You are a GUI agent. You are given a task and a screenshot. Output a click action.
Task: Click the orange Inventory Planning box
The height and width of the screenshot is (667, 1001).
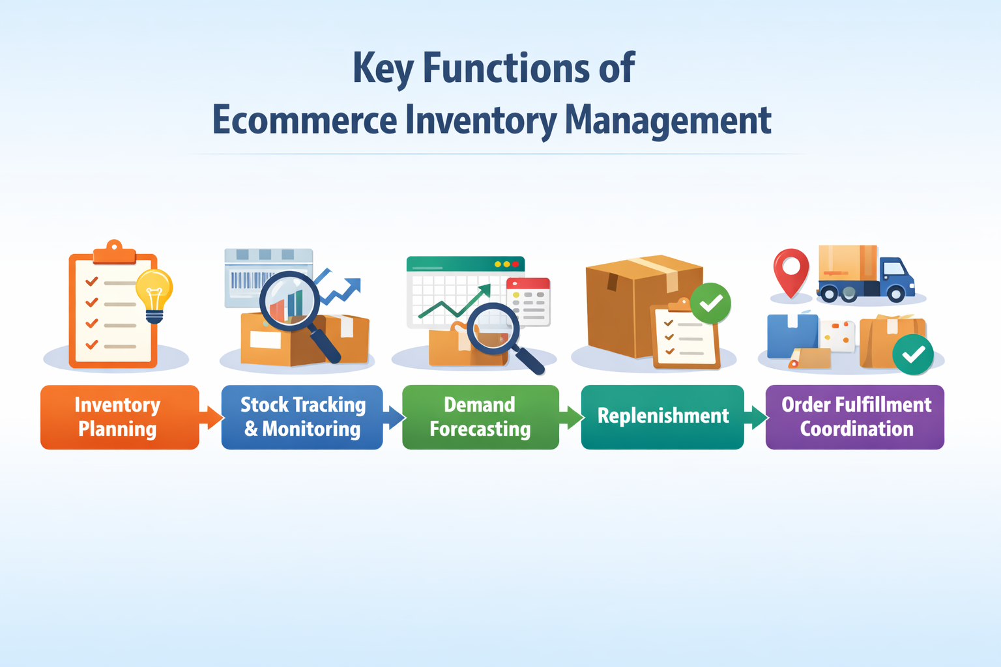click(x=119, y=417)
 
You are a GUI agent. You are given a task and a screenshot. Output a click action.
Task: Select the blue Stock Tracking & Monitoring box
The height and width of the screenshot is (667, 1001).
click(x=302, y=417)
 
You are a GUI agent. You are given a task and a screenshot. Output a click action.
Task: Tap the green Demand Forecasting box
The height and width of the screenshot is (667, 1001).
click(x=480, y=417)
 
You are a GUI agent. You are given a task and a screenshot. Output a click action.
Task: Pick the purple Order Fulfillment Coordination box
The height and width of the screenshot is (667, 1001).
click(x=855, y=417)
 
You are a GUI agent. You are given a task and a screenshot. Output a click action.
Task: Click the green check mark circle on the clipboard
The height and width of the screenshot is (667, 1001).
click(x=710, y=303)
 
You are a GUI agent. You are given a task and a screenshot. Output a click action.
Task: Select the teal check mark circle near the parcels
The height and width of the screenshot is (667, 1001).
click(x=913, y=354)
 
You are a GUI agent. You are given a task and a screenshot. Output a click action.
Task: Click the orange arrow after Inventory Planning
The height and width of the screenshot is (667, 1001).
click(x=211, y=417)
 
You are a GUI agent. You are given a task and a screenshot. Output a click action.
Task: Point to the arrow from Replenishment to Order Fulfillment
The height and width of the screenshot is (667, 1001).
click(x=755, y=417)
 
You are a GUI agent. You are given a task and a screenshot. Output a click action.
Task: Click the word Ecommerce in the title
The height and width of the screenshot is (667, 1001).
click(x=304, y=121)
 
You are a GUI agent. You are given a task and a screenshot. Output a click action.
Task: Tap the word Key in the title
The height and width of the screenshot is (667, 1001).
click(x=383, y=68)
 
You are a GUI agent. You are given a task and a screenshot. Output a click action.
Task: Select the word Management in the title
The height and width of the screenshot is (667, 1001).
click(x=667, y=121)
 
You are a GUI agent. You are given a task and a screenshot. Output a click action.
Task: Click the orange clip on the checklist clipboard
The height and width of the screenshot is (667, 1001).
click(x=114, y=253)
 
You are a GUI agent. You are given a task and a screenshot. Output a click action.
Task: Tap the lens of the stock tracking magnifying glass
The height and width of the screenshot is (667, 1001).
click(x=289, y=301)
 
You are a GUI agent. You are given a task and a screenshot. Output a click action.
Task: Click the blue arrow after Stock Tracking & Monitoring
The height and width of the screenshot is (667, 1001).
click(x=394, y=417)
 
